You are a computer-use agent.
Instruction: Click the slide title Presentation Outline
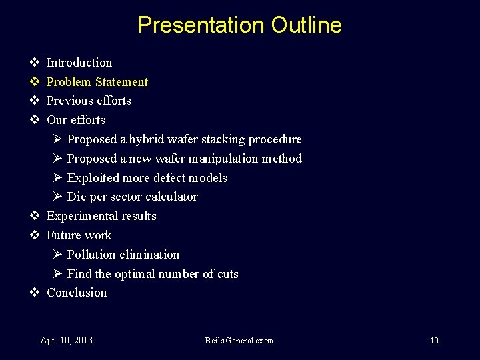(239, 25)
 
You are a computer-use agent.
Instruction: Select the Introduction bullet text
(79, 63)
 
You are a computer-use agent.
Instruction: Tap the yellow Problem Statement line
(97, 82)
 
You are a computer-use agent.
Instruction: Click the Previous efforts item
(89, 101)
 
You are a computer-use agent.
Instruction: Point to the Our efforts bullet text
(76, 120)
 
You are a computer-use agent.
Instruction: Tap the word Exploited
(93, 178)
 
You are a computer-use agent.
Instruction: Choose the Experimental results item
(101, 216)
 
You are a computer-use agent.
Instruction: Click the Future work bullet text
(79, 235)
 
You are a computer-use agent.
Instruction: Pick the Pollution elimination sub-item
(123, 255)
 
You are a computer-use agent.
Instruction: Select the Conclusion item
(77, 293)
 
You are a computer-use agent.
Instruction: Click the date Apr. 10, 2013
(67, 341)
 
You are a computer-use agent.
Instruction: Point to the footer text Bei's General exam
(239, 341)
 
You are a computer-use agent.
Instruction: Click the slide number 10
(434, 341)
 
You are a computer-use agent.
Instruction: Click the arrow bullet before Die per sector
(57, 197)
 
